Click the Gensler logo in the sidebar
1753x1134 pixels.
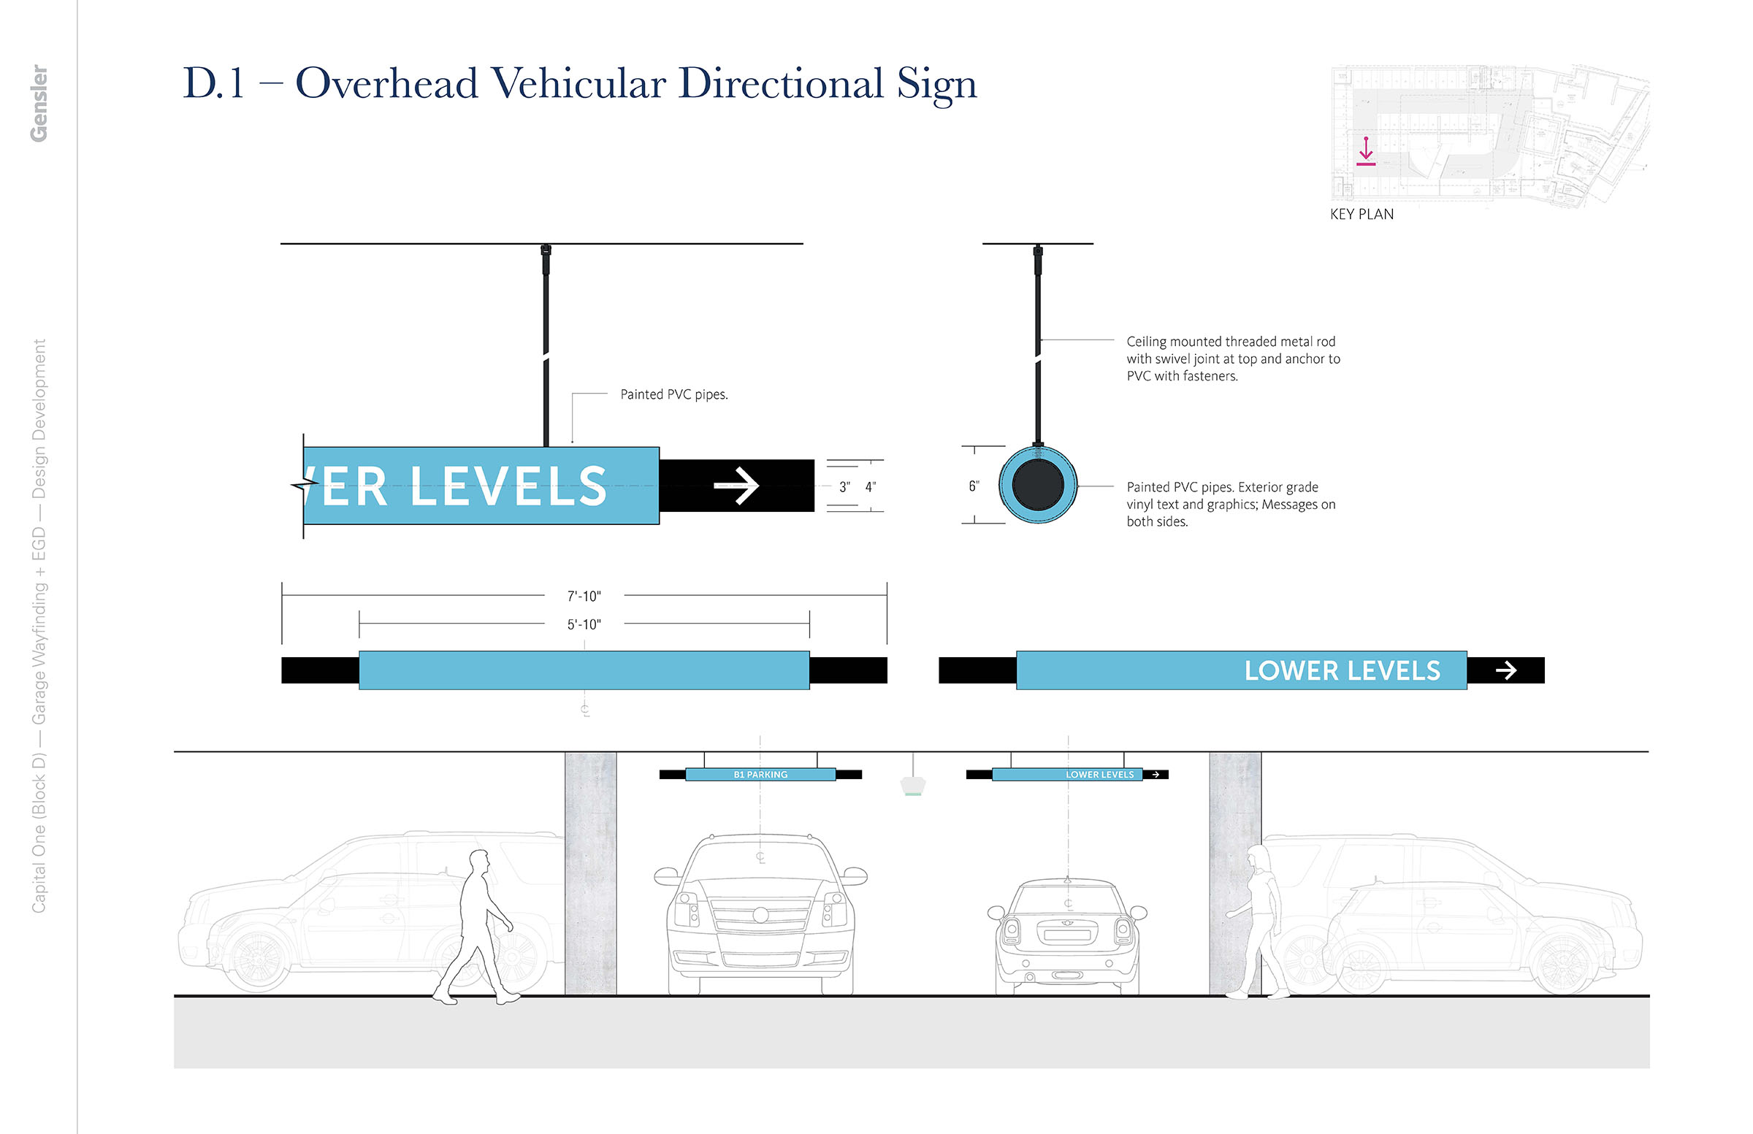click(39, 103)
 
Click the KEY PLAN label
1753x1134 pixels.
click(1361, 214)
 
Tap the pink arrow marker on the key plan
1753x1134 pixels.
click(1366, 150)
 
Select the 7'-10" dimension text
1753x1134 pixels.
click(584, 596)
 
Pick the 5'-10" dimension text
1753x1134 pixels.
click(584, 624)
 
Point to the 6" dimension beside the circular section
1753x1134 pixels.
click(973, 486)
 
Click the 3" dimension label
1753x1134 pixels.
click(844, 487)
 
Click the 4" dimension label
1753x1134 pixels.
click(870, 487)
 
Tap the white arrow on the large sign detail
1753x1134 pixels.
click(736, 486)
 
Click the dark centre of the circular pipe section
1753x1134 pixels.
click(1037, 486)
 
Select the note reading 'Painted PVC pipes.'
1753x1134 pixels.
click(673, 395)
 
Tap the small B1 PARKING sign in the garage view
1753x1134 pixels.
click(760, 775)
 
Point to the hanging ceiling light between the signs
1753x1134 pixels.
click(912, 786)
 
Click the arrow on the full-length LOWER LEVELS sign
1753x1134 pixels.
click(1505, 670)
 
